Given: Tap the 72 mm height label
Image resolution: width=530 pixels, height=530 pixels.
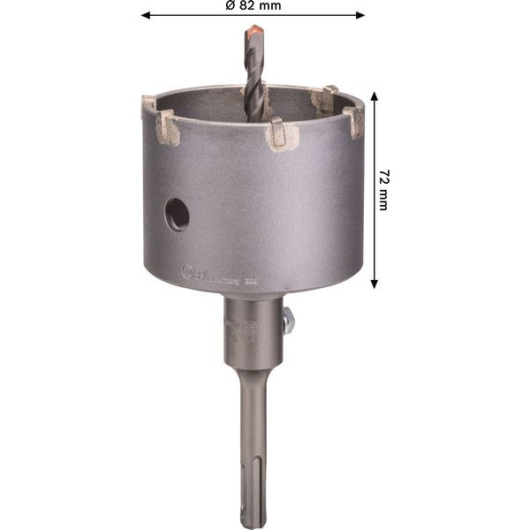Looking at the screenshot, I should (382, 191).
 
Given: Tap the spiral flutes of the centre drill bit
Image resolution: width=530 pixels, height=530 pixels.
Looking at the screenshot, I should (255, 84).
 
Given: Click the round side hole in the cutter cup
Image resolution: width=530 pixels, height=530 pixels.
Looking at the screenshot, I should (178, 214).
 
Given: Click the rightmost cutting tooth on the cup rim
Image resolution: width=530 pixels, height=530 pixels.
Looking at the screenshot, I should (356, 118).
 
